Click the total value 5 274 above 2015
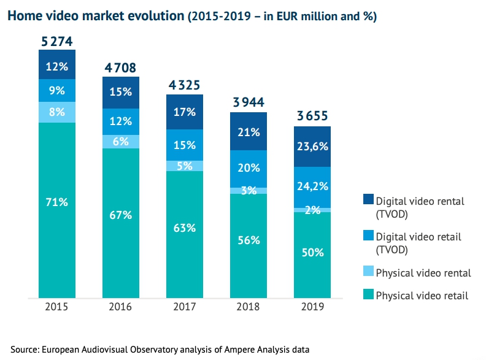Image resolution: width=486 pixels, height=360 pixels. [56, 42]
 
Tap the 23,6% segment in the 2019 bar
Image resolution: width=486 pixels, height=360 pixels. [312, 147]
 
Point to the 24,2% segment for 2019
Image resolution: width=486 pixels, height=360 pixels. [312, 186]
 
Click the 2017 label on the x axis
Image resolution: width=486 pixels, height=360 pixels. [185, 307]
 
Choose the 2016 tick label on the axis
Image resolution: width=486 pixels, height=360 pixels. [121, 307]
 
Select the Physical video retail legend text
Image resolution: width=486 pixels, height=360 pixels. [422, 296]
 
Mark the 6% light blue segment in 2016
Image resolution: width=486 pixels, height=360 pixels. [121, 140]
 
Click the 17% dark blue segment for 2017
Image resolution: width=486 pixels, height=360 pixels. [185, 112]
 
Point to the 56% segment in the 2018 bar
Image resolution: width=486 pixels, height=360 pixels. [249, 240]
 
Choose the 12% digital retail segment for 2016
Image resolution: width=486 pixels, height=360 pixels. [121, 121]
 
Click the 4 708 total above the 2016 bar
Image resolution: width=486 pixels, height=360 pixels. [121, 67]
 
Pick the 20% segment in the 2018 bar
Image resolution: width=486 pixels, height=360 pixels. [249, 169]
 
